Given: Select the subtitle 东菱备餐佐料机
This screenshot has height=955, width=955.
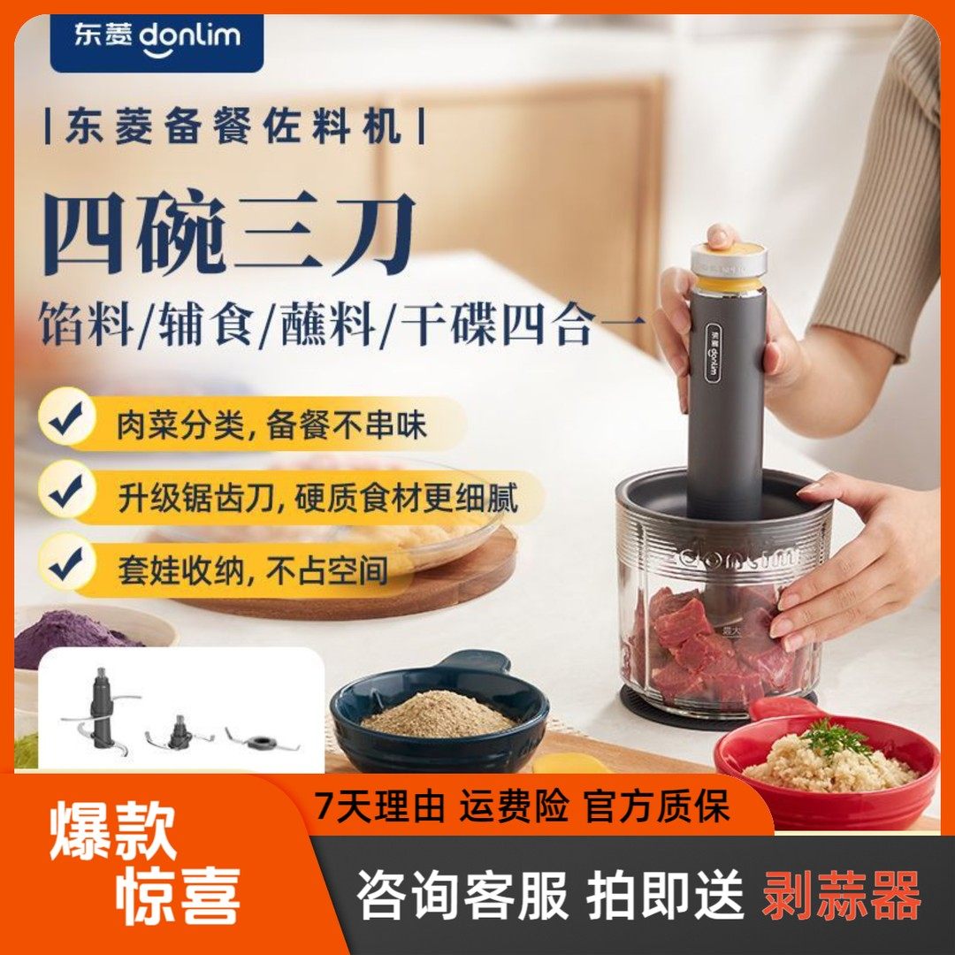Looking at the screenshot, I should [234, 127].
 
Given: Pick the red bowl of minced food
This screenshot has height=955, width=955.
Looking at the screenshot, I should [827, 769].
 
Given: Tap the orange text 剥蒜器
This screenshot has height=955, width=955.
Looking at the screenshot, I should [841, 895].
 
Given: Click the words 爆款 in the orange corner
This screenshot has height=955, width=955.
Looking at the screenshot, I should [113, 829].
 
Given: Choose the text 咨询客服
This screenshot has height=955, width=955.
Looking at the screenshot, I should [462, 895].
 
